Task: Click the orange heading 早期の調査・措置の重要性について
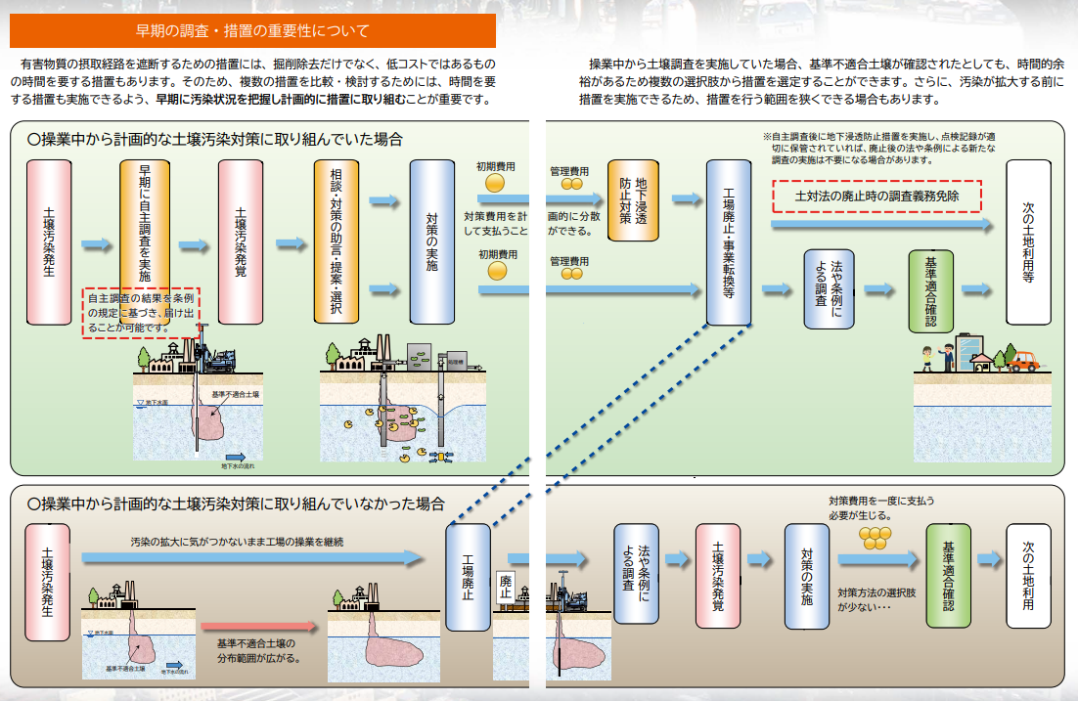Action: coord(251,30)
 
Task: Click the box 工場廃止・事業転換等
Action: coord(728,241)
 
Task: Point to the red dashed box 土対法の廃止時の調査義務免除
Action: coord(876,196)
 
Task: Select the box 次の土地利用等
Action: coord(1028,241)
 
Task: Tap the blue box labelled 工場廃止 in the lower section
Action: coord(468,577)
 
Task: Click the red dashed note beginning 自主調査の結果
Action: coord(141,312)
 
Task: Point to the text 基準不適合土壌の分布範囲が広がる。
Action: coord(256,650)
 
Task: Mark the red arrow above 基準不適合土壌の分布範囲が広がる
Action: coord(259,626)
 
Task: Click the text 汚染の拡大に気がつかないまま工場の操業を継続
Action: coord(238,541)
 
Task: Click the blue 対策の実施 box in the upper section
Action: coord(431,241)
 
